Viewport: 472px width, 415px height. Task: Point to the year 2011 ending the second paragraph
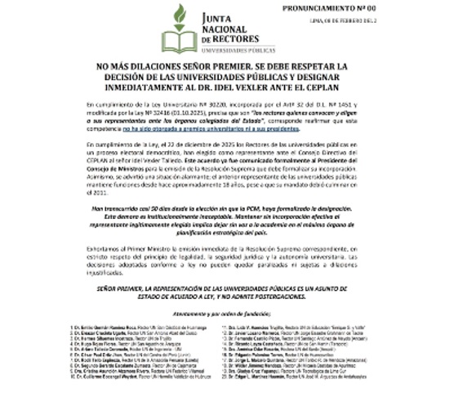click(x=106, y=193)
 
